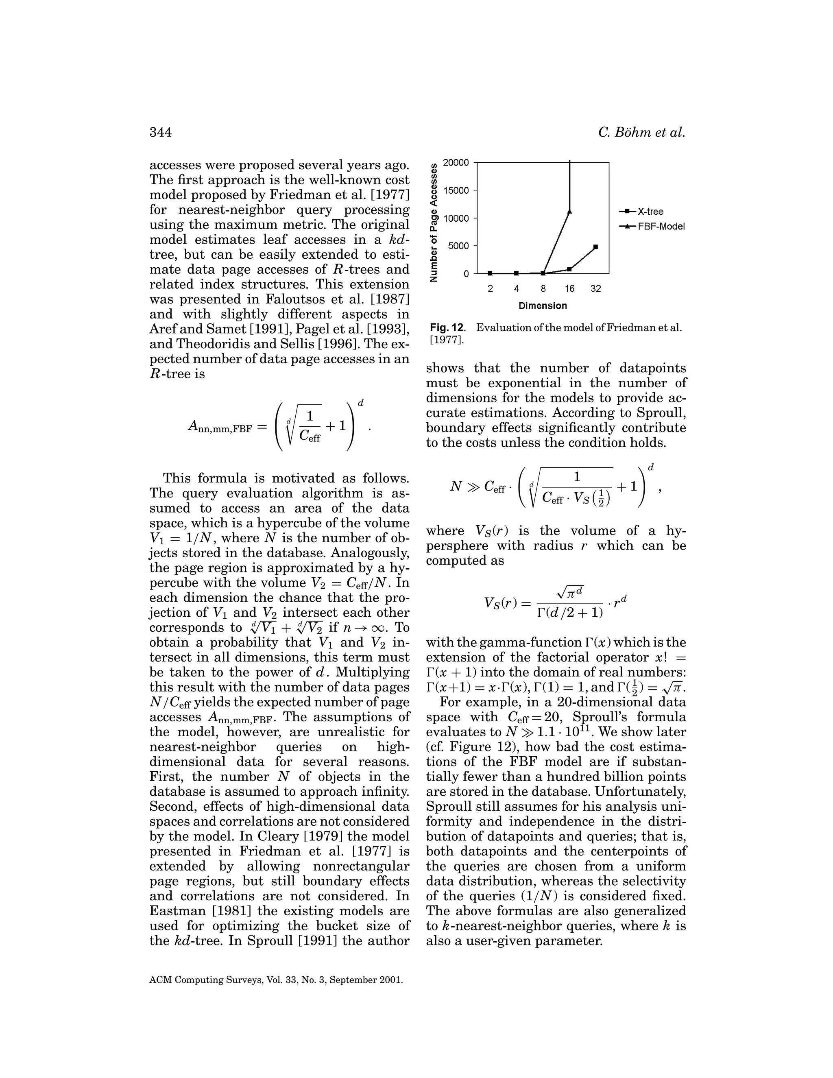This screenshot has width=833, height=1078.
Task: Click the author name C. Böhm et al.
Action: pos(641,132)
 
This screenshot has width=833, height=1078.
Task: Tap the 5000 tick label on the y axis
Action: pos(458,246)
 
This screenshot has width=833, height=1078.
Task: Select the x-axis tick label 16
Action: pos(569,288)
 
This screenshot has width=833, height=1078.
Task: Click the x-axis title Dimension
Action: pos(543,306)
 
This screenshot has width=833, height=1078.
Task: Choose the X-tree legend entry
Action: pos(641,212)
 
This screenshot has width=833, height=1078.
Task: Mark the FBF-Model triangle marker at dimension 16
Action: pos(569,211)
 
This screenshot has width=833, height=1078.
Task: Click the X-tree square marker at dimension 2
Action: pos(490,273)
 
